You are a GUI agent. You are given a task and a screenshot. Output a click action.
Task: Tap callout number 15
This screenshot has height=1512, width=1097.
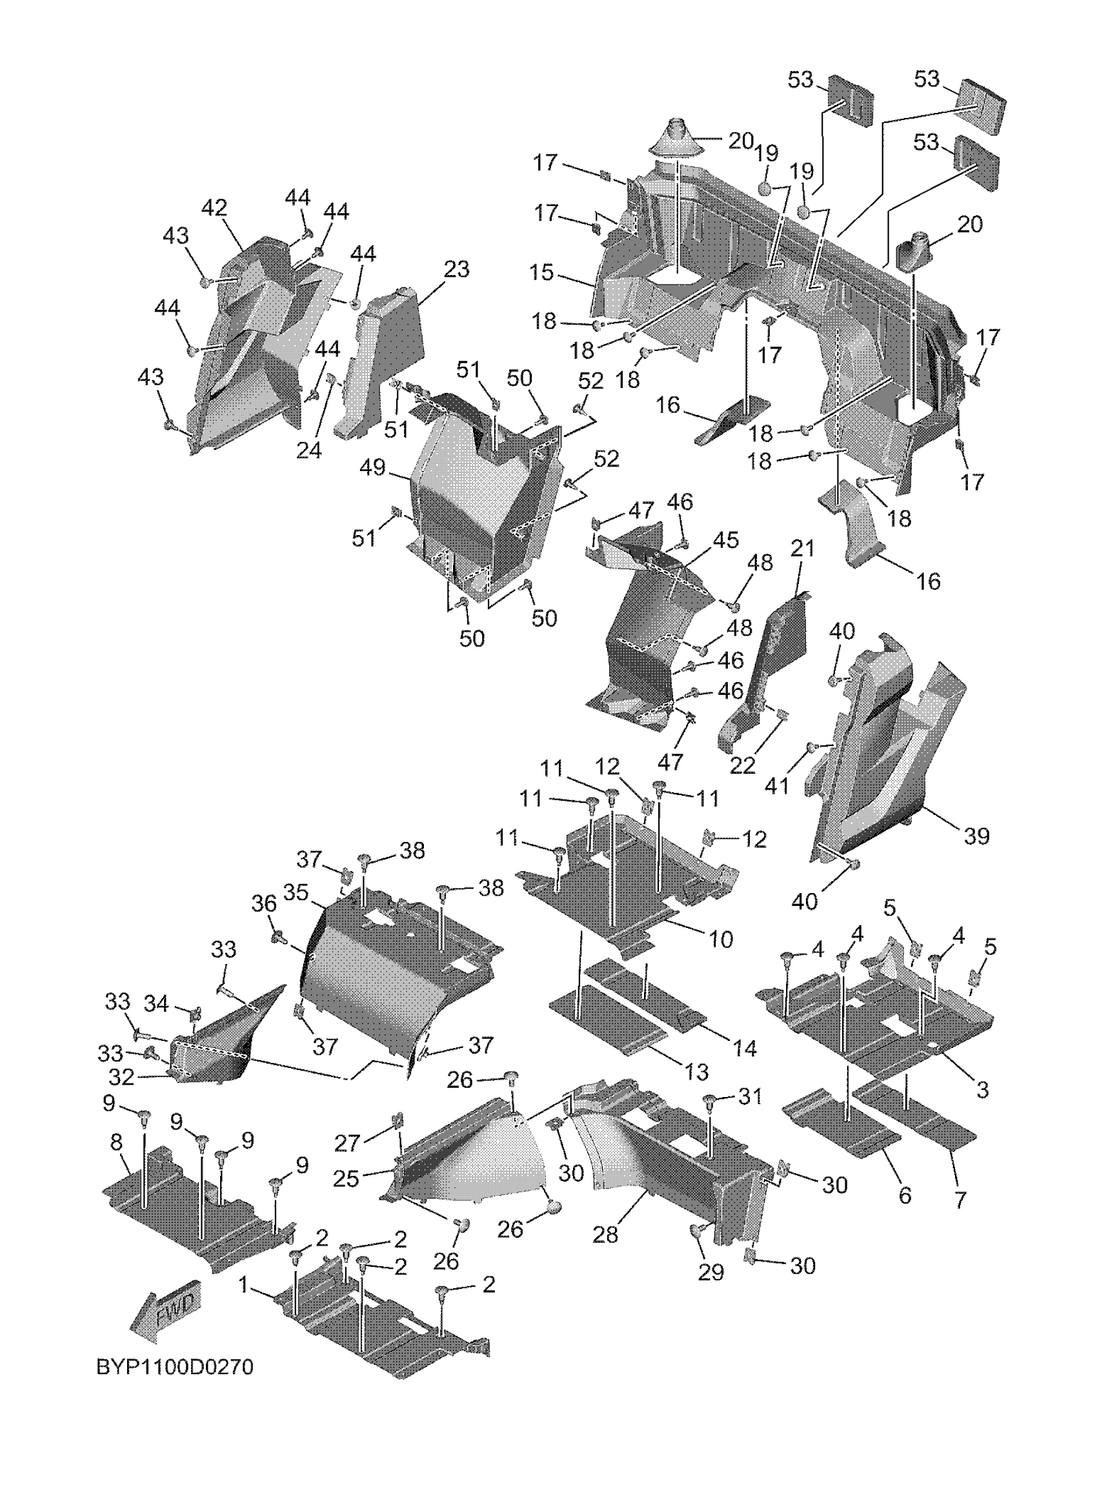(543, 273)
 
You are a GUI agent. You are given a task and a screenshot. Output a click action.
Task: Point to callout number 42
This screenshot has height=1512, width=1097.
(215, 208)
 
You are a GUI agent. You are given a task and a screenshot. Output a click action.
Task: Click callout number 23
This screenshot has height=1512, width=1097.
(456, 270)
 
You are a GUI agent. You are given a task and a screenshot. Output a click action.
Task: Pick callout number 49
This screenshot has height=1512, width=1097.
(372, 468)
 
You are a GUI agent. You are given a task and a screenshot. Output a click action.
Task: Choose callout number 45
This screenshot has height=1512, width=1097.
(725, 539)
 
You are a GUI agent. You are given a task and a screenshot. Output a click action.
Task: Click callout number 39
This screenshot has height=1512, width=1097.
(977, 836)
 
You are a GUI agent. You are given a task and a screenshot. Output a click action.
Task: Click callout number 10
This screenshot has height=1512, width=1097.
(720, 940)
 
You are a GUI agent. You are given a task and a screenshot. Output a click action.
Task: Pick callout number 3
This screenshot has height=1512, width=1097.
(982, 1091)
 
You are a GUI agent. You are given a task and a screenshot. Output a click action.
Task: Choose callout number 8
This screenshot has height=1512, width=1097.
(116, 1144)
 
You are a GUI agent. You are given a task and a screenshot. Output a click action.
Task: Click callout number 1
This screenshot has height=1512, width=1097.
(243, 1285)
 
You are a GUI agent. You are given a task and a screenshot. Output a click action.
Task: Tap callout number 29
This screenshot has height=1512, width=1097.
(711, 1272)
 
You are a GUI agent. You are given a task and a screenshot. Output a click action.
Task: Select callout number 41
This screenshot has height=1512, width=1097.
(777, 785)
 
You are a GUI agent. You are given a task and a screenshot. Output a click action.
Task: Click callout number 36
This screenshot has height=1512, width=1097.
(264, 905)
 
